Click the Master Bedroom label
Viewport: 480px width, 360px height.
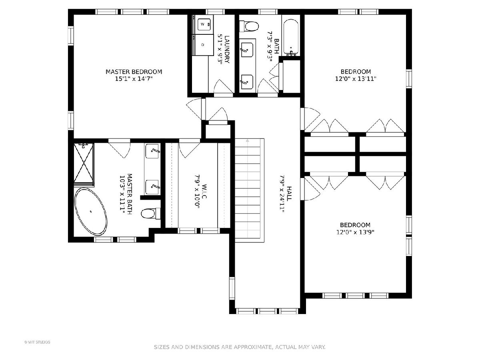click(x=134, y=72)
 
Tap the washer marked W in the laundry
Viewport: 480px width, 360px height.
click(x=204, y=24)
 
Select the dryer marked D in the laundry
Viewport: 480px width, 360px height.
click(x=203, y=45)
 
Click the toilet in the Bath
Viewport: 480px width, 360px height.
click(x=249, y=26)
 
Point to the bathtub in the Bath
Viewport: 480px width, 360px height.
click(x=291, y=37)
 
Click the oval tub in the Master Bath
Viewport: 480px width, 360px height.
click(x=91, y=212)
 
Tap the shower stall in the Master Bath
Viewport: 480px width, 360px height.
click(x=84, y=163)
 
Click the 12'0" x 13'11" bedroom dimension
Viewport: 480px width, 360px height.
click(x=356, y=79)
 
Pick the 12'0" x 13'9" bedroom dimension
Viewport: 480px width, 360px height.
click(x=355, y=232)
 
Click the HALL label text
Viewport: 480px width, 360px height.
click(x=289, y=194)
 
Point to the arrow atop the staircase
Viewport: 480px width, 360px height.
click(x=248, y=141)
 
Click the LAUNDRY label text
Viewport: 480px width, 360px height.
click(x=227, y=49)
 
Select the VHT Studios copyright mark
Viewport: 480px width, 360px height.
click(x=37, y=342)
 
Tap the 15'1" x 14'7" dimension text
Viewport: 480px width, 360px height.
click(x=134, y=79)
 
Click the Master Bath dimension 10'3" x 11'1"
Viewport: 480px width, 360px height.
click(x=122, y=193)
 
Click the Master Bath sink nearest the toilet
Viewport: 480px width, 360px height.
click(x=152, y=187)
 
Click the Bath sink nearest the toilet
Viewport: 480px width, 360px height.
click(x=247, y=50)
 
